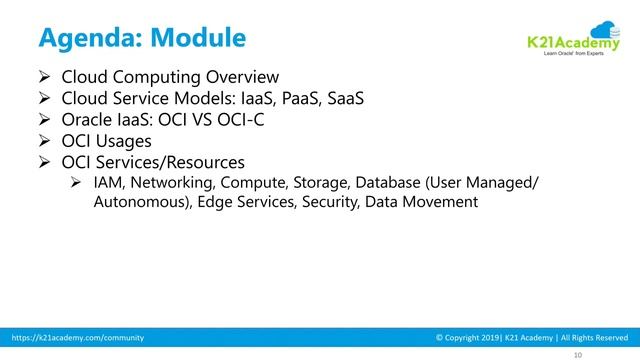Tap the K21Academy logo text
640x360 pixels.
pyautogui.click(x=567, y=41)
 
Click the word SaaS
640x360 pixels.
pyautogui.click(x=346, y=99)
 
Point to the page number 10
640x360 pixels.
pyautogui.click(x=577, y=354)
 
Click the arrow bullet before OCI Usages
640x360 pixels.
pyautogui.click(x=45, y=141)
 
